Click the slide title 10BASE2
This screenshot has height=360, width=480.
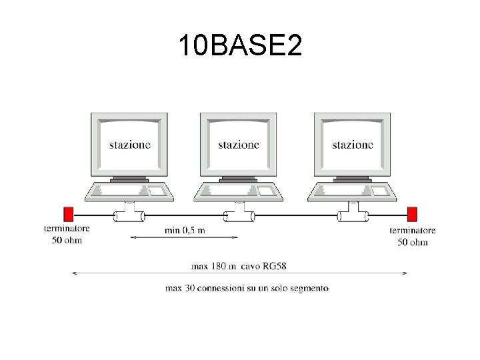[x=240, y=46]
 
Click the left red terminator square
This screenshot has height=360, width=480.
[x=68, y=214]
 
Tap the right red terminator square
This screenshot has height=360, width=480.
[x=412, y=214]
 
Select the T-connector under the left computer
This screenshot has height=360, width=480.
[x=129, y=215]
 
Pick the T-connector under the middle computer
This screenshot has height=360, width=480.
[x=238, y=215]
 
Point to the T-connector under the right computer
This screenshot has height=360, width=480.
[x=353, y=215]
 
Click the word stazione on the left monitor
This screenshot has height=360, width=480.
[x=130, y=145]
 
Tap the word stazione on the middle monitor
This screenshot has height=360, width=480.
[x=239, y=145]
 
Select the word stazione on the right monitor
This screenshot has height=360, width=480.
[x=353, y=145]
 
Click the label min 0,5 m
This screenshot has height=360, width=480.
[x=185, y=230]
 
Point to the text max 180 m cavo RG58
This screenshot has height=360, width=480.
[x=239, y=266]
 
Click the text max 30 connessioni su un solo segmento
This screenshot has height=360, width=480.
[x=247, y=288]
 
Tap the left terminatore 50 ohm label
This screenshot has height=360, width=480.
[x=67, y=234]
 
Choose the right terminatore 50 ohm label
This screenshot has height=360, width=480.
[x=413, y=236]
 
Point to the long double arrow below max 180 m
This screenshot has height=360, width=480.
[x=239, y=273]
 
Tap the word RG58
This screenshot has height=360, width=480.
[x=273, y=266]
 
